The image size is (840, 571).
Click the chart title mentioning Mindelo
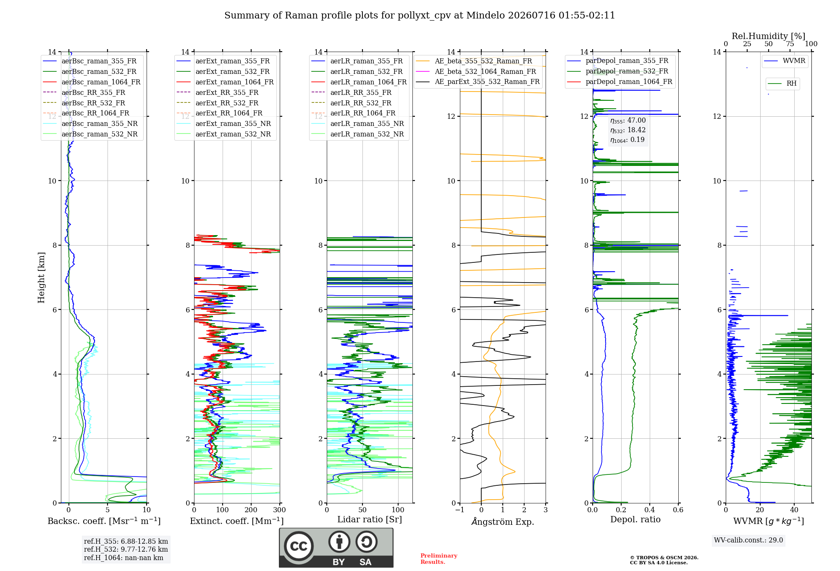(420, 16)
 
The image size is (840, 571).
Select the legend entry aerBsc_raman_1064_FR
(92, 82)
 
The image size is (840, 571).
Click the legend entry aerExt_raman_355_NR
(223, 123)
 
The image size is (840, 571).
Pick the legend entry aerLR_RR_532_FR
(351, 103)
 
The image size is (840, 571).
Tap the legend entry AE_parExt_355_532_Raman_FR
(478, 81)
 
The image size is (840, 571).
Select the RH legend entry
(782, 84)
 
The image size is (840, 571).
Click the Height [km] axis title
(41, 278)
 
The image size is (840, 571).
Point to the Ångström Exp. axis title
(503, 521)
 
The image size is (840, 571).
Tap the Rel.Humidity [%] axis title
(769, 36)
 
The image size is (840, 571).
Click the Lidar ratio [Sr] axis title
(370, 519)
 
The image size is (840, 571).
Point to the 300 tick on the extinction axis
(280, 510)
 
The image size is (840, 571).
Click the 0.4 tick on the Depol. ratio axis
(650, 510)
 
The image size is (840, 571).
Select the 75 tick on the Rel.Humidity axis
(790, 44)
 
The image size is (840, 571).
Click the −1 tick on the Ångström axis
(460, 510)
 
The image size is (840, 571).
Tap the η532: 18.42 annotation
(628, 130)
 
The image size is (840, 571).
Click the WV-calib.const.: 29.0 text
(748, 540)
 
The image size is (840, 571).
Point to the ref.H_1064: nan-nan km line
(123, 558)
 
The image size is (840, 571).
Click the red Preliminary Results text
(439, 559)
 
